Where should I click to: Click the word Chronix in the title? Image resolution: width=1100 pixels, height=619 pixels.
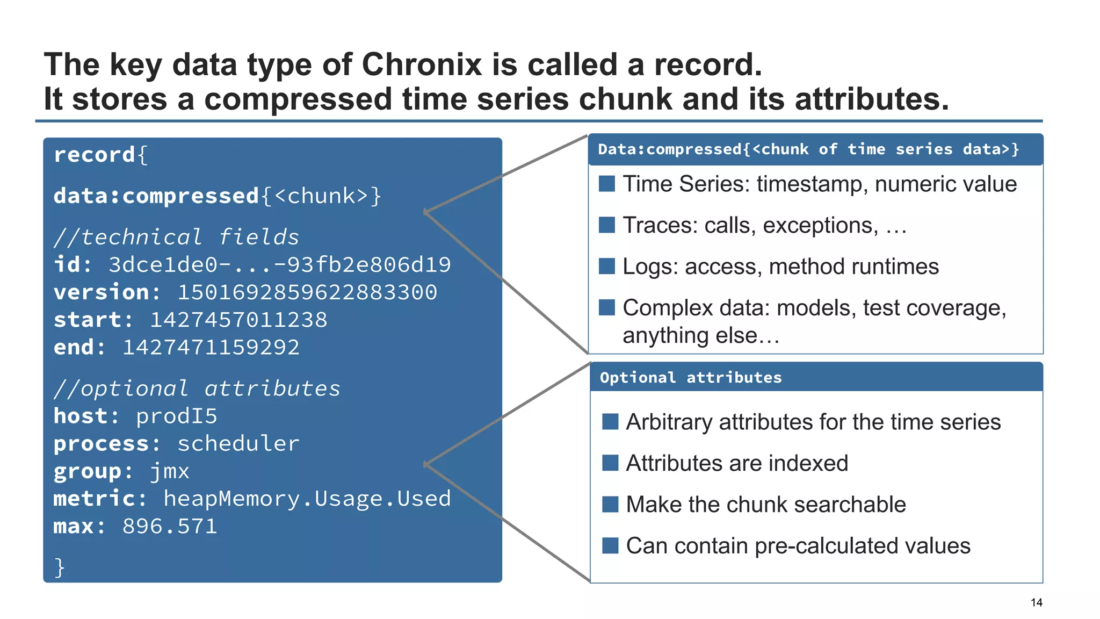click(x=422, y=65)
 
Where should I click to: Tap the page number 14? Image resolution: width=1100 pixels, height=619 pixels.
click(x=1036, y=602)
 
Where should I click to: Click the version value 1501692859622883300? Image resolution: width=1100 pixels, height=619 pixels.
click(x=307, y=292)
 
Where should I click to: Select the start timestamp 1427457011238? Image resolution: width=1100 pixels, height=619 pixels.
click(x=238, y=320)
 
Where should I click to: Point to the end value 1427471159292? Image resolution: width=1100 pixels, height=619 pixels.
click(x=211, y=348)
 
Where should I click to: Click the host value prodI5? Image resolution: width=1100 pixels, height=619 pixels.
click(x=176, y=416)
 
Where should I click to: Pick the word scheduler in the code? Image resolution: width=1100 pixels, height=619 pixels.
click(x=238, y=444)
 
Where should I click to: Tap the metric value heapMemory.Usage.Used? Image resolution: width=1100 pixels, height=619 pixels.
click(x=307, y=499)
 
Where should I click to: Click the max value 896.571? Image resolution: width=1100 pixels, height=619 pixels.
click(x=169, y=527)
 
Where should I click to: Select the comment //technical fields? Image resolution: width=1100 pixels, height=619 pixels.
click(x=176, y=237)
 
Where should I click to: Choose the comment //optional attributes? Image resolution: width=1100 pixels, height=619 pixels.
click(x=197, y=388)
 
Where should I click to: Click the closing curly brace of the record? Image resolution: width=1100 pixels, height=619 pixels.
click(x=60, y=567)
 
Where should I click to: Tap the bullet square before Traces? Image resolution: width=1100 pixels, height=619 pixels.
click(x=607, y=225)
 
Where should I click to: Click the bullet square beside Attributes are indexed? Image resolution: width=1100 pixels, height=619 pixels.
click(x=610, y=463)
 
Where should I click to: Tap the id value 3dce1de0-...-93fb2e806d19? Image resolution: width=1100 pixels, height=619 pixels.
click(x=279, y=265)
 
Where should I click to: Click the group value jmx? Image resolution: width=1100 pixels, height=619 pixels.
click(x=169, y=471)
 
